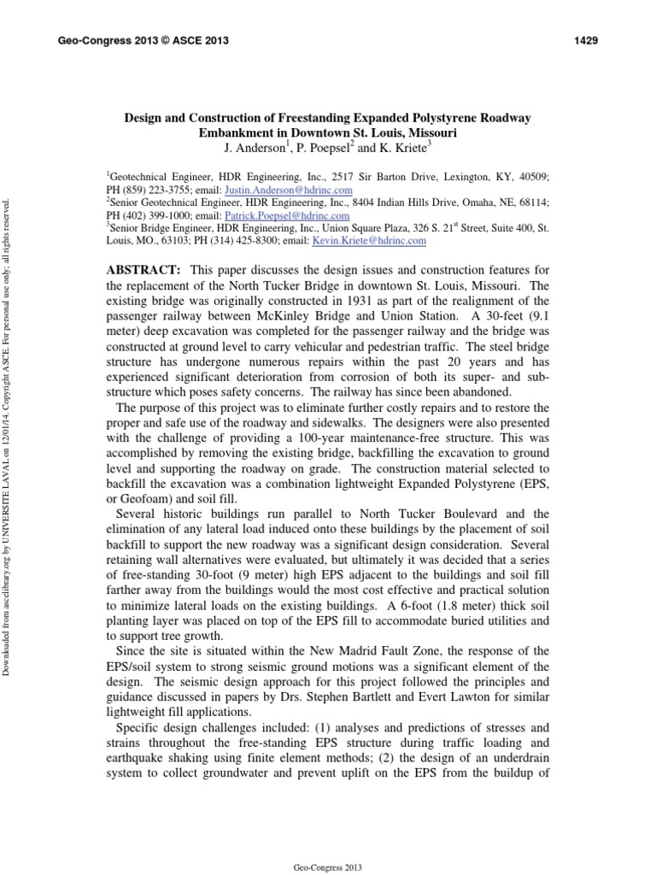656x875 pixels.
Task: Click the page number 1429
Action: [x=585, y=40]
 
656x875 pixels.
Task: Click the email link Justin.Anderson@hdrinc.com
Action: [x=298, y=190]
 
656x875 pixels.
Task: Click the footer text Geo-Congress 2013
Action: [x=328, y=867]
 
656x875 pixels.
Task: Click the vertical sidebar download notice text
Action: [x=9, y=437]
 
